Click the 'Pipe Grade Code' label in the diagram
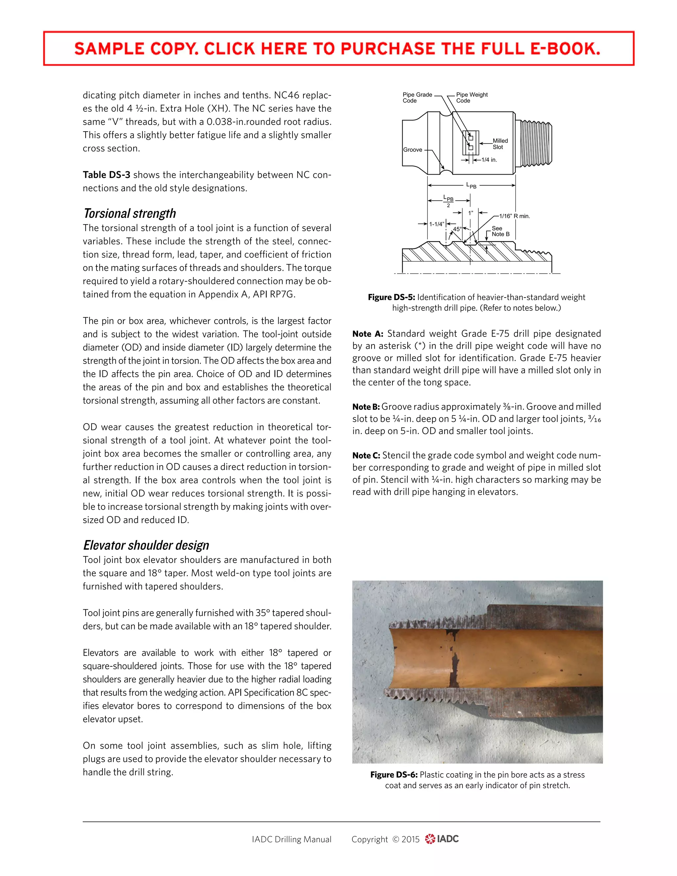tap(417, 98)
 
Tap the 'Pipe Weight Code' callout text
tap(472, 98)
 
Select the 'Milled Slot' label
tap(500, 143)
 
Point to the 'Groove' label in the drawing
tap(412, 150)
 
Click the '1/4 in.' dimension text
tap(489, 160)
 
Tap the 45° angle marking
tap(457, 229)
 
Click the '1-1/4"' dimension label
tap(436, 224)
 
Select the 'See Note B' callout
tap(500, 231)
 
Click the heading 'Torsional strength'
tap(129, 214)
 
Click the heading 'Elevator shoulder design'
tap(146, 545)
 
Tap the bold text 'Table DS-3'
tap(106, 175)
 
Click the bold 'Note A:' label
tap(367, 334)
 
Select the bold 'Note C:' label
tap(366, 455)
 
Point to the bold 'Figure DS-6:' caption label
tap(393, 775)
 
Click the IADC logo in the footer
tap(442, 839)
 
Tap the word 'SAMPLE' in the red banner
tap(109, 49)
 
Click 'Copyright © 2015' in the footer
tap(385, 839)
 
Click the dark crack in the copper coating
tap(455, 664)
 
